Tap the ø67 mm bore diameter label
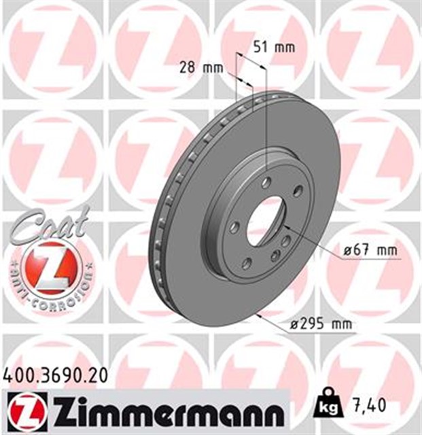pyautogui.click(x=370, y=250)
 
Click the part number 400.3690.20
pyautogui.click(x=55, y=373)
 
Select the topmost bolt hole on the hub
pyautogui.click(x=267, y=181)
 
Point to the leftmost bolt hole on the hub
pyautogui.click(x=234, y=227)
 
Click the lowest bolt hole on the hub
pyautogui.click(x=247, y=262)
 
